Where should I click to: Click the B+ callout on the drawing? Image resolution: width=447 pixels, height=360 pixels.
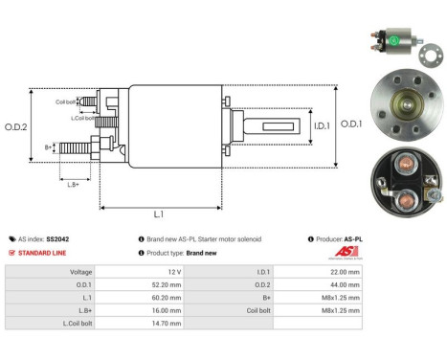(x=49, y=147)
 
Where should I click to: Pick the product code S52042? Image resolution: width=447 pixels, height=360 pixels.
(x=56, y=238)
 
